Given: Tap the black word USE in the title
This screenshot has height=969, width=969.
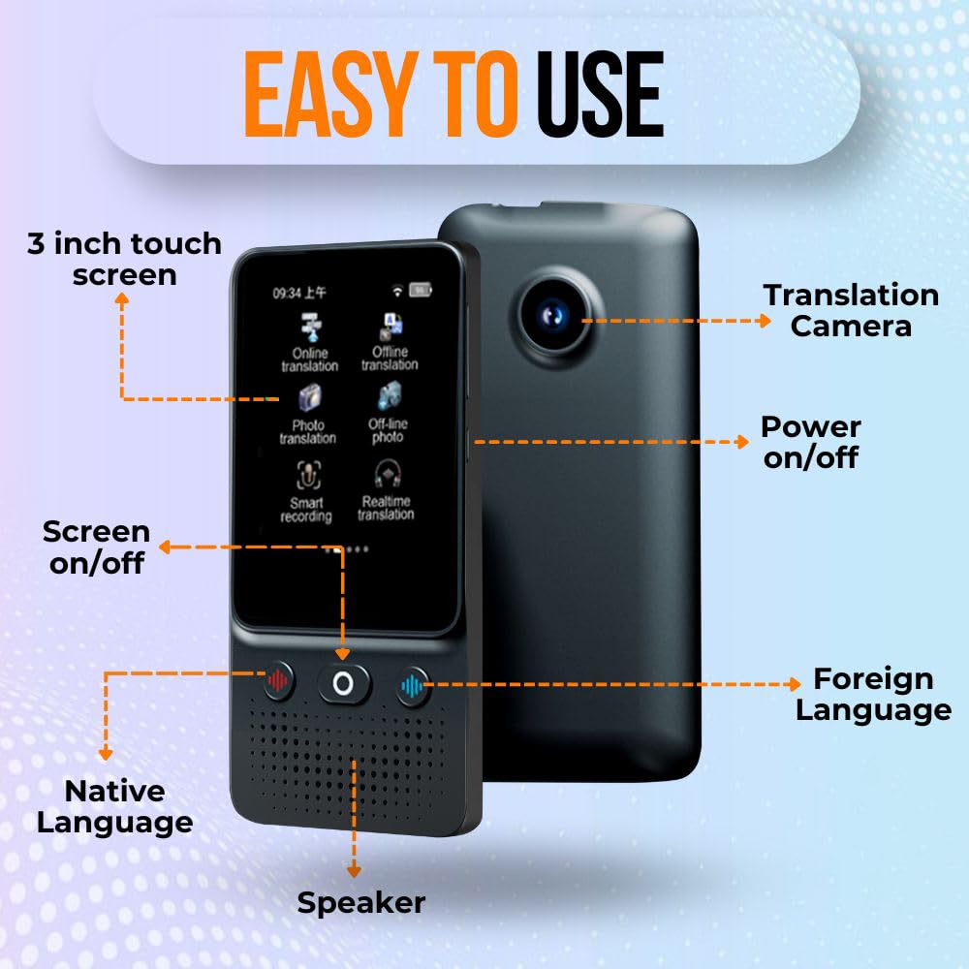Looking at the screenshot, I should point(600,94).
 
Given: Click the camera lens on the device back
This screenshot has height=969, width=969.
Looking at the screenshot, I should point(553,315).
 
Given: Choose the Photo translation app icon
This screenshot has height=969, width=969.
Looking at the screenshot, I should point(308,398).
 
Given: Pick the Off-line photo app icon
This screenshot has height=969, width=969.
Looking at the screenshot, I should point(389,396).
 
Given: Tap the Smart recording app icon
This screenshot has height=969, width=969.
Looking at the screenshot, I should point(307,475).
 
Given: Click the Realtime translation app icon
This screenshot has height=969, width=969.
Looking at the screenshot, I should point(387,474).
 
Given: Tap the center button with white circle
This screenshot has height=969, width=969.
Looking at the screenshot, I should point(343,683).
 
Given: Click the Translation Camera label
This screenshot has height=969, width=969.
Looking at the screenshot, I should point(851,310).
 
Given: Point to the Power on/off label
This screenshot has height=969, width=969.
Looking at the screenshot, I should point(811,442).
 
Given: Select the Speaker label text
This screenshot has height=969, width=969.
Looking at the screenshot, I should point(360,903).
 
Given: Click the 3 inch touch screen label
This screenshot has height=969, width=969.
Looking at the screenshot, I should point(124,259).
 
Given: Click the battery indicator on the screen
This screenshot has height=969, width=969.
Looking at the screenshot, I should point(422,290).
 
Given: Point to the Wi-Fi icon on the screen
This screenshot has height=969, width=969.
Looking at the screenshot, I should point(396,290).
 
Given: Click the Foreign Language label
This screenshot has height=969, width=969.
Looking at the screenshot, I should point(873,694).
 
